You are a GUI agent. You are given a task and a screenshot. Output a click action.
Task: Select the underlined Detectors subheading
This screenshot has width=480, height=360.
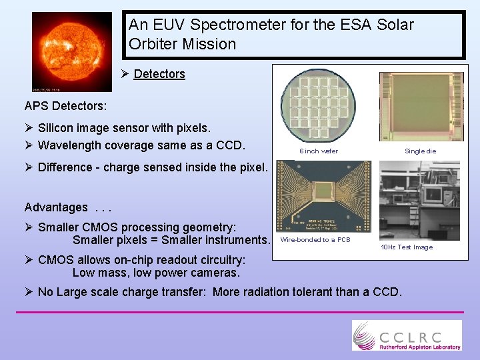click(159, 74)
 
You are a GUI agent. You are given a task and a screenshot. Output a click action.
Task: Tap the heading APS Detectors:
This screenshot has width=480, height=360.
click(65, 106)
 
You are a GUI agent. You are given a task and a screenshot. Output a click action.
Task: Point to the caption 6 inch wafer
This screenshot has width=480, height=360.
click(319, 151)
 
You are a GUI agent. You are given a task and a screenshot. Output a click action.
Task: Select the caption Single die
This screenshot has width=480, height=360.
click(421, 151)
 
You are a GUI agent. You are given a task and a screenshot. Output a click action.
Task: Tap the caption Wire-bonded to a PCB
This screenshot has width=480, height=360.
click(315, 240)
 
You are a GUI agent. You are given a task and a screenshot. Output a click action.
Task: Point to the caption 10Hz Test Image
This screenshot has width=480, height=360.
click(407, 247)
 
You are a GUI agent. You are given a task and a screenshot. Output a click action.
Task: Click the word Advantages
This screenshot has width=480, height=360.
click(56, 207)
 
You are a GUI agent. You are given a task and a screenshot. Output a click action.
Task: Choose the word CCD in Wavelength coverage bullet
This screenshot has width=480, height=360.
click(233, 145)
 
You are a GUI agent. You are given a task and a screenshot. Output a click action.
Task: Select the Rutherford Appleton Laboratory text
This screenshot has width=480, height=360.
click(420, 347)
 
